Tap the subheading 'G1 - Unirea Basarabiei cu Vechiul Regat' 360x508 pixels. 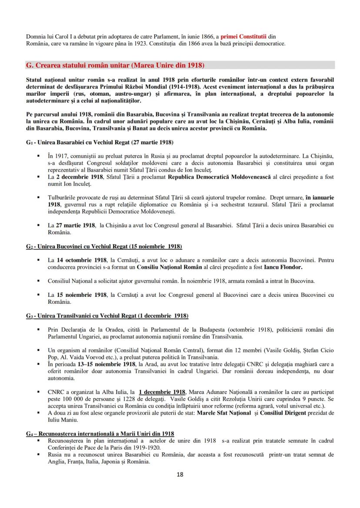click(x=99, y=142)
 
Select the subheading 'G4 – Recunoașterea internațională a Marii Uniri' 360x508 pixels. click(x=100, y=433)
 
